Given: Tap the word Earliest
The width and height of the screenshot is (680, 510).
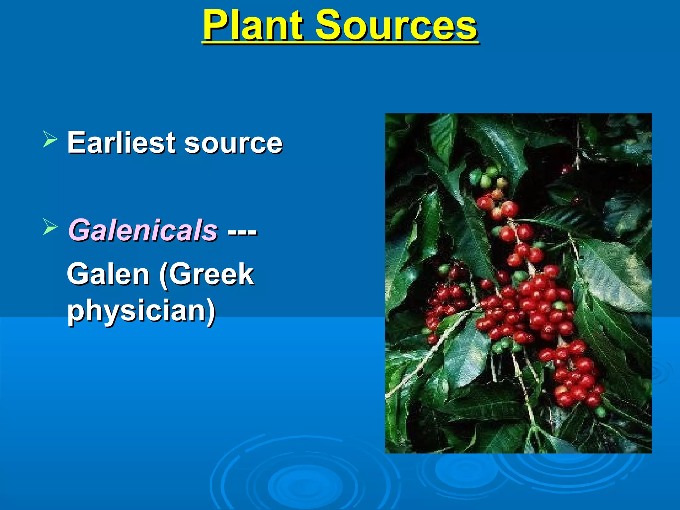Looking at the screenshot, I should tap(121, 143).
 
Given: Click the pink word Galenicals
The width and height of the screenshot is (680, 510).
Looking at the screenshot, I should tap(143, 230).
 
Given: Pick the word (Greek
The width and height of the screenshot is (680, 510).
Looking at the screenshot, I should tap(207, 274).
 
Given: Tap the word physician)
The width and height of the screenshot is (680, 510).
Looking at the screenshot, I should tap(141, 311).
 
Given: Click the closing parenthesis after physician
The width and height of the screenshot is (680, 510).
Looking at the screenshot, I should tap(212, 311).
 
